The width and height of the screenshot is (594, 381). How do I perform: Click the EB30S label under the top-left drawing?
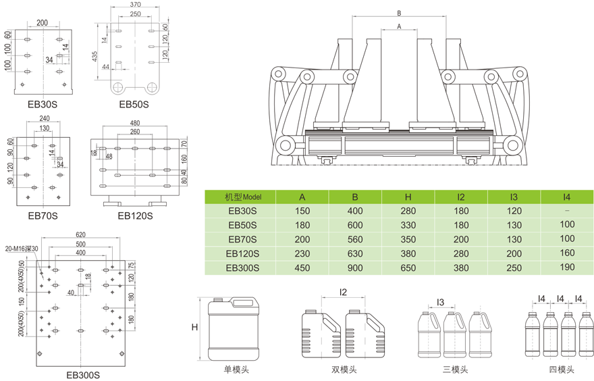pyautogui.click(x=42, y=104)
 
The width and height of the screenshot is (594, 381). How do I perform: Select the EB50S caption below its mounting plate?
pyautogui.click(x=134, y=104)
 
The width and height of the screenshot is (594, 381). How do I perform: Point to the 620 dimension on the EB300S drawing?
pyautogui.click(x=80, y=235)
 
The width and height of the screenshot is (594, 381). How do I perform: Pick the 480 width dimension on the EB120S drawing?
pyautogui.click(x=135, y=123)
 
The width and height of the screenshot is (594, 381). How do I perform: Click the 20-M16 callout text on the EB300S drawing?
pyautogui.click(x=22, y=249)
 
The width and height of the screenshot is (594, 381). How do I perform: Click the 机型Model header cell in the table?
pyautogui.click(x=241, y=197)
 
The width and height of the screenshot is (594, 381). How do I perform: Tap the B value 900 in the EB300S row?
pyautogui.click(x=356, y=268)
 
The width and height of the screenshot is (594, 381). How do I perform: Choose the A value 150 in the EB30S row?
pyautogui.click(x=302, y=211)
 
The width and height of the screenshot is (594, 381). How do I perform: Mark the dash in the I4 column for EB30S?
pyautogui.click(x=567, y=211)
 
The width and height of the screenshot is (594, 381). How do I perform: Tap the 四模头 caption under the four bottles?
pyautogui.click(x=561, y=370)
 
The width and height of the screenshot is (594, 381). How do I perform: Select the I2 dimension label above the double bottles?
pyautogui.click(x=342, y=292)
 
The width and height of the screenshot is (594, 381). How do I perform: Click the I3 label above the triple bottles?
pyautogui.click(x=439, y=301)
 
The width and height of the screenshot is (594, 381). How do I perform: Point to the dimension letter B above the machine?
pyautogui.click(x=399, y=13)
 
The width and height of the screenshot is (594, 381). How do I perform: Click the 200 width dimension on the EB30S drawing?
pyautogui.click(x=42, y=22)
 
